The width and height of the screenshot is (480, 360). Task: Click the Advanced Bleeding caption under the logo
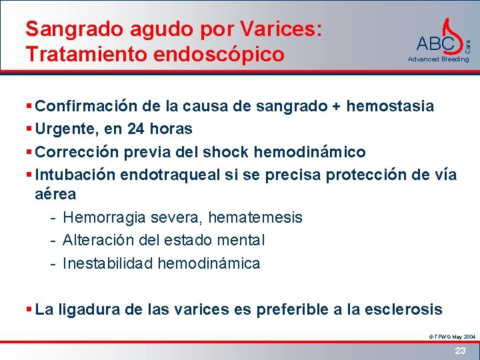pyautogui.click(x=438, y=59)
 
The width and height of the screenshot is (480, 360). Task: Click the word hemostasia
pyautogui.click(x=391, y=106)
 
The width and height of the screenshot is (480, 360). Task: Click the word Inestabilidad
pyautogui.click(x=107, y=263)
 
